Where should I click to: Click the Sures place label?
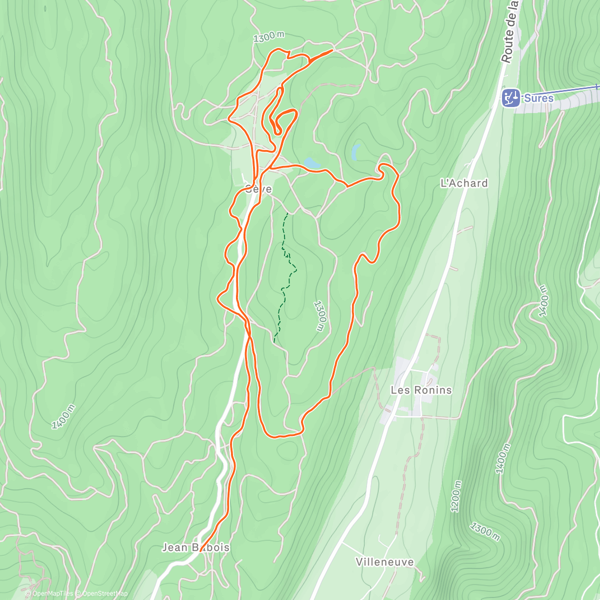coord(538,98)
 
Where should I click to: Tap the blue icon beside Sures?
coord(510,97)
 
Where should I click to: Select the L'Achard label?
coord(463,183)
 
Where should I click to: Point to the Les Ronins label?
coord(421,390)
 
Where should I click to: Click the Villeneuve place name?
coord(384,562)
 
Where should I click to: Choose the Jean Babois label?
coord(195,547)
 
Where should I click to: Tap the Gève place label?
coord(258,189)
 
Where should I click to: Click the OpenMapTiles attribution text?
coord(48,593)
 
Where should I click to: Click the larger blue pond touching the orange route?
coord(311,163)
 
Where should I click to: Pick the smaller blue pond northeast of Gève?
coord(355,151)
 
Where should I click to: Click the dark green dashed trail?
coord(284,280)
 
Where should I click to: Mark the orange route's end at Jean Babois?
coord(200,550)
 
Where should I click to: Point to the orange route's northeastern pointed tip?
coord(332,50)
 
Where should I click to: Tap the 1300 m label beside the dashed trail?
coord(319,315)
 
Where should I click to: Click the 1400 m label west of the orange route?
coord(63,416)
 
